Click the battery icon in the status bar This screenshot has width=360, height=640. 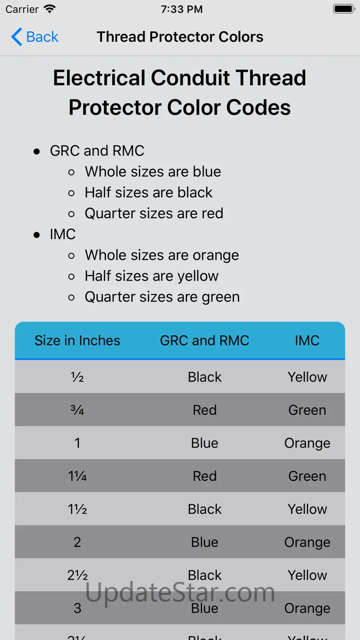344,9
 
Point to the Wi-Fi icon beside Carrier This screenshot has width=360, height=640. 50,9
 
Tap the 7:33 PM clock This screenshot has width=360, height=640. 182,9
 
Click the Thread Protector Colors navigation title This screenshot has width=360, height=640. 180,37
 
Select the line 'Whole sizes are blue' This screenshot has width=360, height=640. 153,172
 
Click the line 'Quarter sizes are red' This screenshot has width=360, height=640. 154,214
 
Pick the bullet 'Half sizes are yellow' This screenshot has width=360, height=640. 152,276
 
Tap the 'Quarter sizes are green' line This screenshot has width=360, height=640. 162,297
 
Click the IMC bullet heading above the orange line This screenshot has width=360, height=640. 63,234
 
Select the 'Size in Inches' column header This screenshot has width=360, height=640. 78,341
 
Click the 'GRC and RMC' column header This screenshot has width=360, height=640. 204,341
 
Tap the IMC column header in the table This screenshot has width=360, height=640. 307,341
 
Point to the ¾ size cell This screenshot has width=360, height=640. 77,410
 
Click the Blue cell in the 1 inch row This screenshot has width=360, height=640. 204,443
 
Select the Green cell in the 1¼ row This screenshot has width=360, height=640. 307,476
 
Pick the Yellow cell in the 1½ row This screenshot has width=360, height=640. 307,509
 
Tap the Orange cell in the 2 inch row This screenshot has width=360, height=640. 307,542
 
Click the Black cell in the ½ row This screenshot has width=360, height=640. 204,377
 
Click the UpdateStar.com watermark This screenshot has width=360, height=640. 180,592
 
